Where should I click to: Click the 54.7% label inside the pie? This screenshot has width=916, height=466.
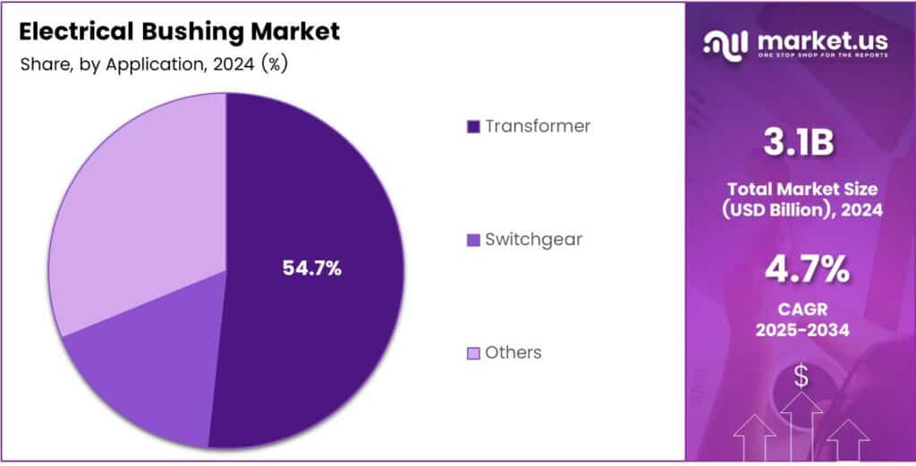click(x=311, y=267)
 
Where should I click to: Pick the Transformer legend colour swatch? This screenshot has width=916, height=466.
click(x=473, y=126)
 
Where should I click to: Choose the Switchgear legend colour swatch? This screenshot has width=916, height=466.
click(x=473, y=240)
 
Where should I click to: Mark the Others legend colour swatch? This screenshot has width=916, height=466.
click(x=473, y=352)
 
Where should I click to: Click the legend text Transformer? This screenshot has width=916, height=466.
click(x=538, y=126)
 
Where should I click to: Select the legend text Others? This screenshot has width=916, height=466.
click(x=513, y=352)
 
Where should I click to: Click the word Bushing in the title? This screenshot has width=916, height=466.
click(x=191, y=33)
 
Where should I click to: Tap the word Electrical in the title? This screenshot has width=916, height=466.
click(x=75, y=32)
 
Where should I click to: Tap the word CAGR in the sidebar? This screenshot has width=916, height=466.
click(x=801, y=309)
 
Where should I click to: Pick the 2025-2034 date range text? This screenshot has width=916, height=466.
click(x=801, y=330)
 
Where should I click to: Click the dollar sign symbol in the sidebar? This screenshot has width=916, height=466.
click(x=801, y=377)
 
